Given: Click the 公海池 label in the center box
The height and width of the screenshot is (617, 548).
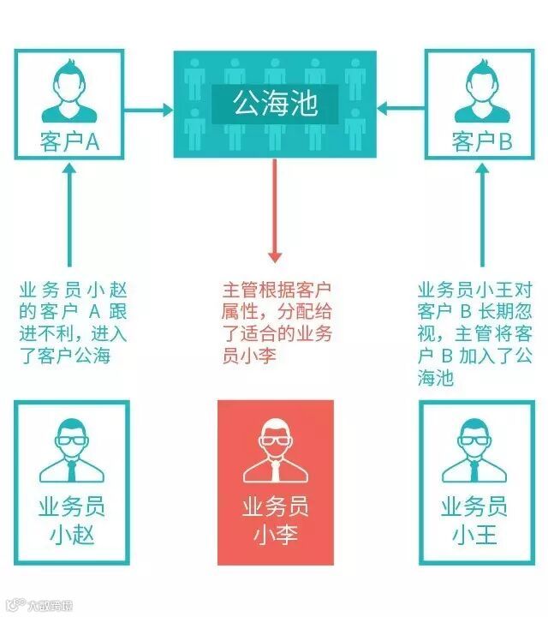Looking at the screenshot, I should (275, 105).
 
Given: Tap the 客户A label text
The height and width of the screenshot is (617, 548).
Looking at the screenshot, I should (70, 141).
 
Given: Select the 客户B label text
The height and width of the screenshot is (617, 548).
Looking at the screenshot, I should (481, 141).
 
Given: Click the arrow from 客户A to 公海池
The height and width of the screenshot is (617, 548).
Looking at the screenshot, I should (149, 109).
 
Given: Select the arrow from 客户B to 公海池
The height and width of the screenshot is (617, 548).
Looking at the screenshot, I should (402, 109).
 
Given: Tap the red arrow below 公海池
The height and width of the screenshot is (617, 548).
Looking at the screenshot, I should (275, 211).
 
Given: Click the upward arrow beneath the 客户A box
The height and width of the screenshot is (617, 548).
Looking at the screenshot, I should (70, 214).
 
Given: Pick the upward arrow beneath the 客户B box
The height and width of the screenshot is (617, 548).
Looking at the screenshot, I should (482, 214).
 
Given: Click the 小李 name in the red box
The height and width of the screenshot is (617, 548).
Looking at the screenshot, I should (274, 536).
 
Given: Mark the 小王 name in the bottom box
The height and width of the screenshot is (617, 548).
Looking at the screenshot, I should (474, 536).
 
